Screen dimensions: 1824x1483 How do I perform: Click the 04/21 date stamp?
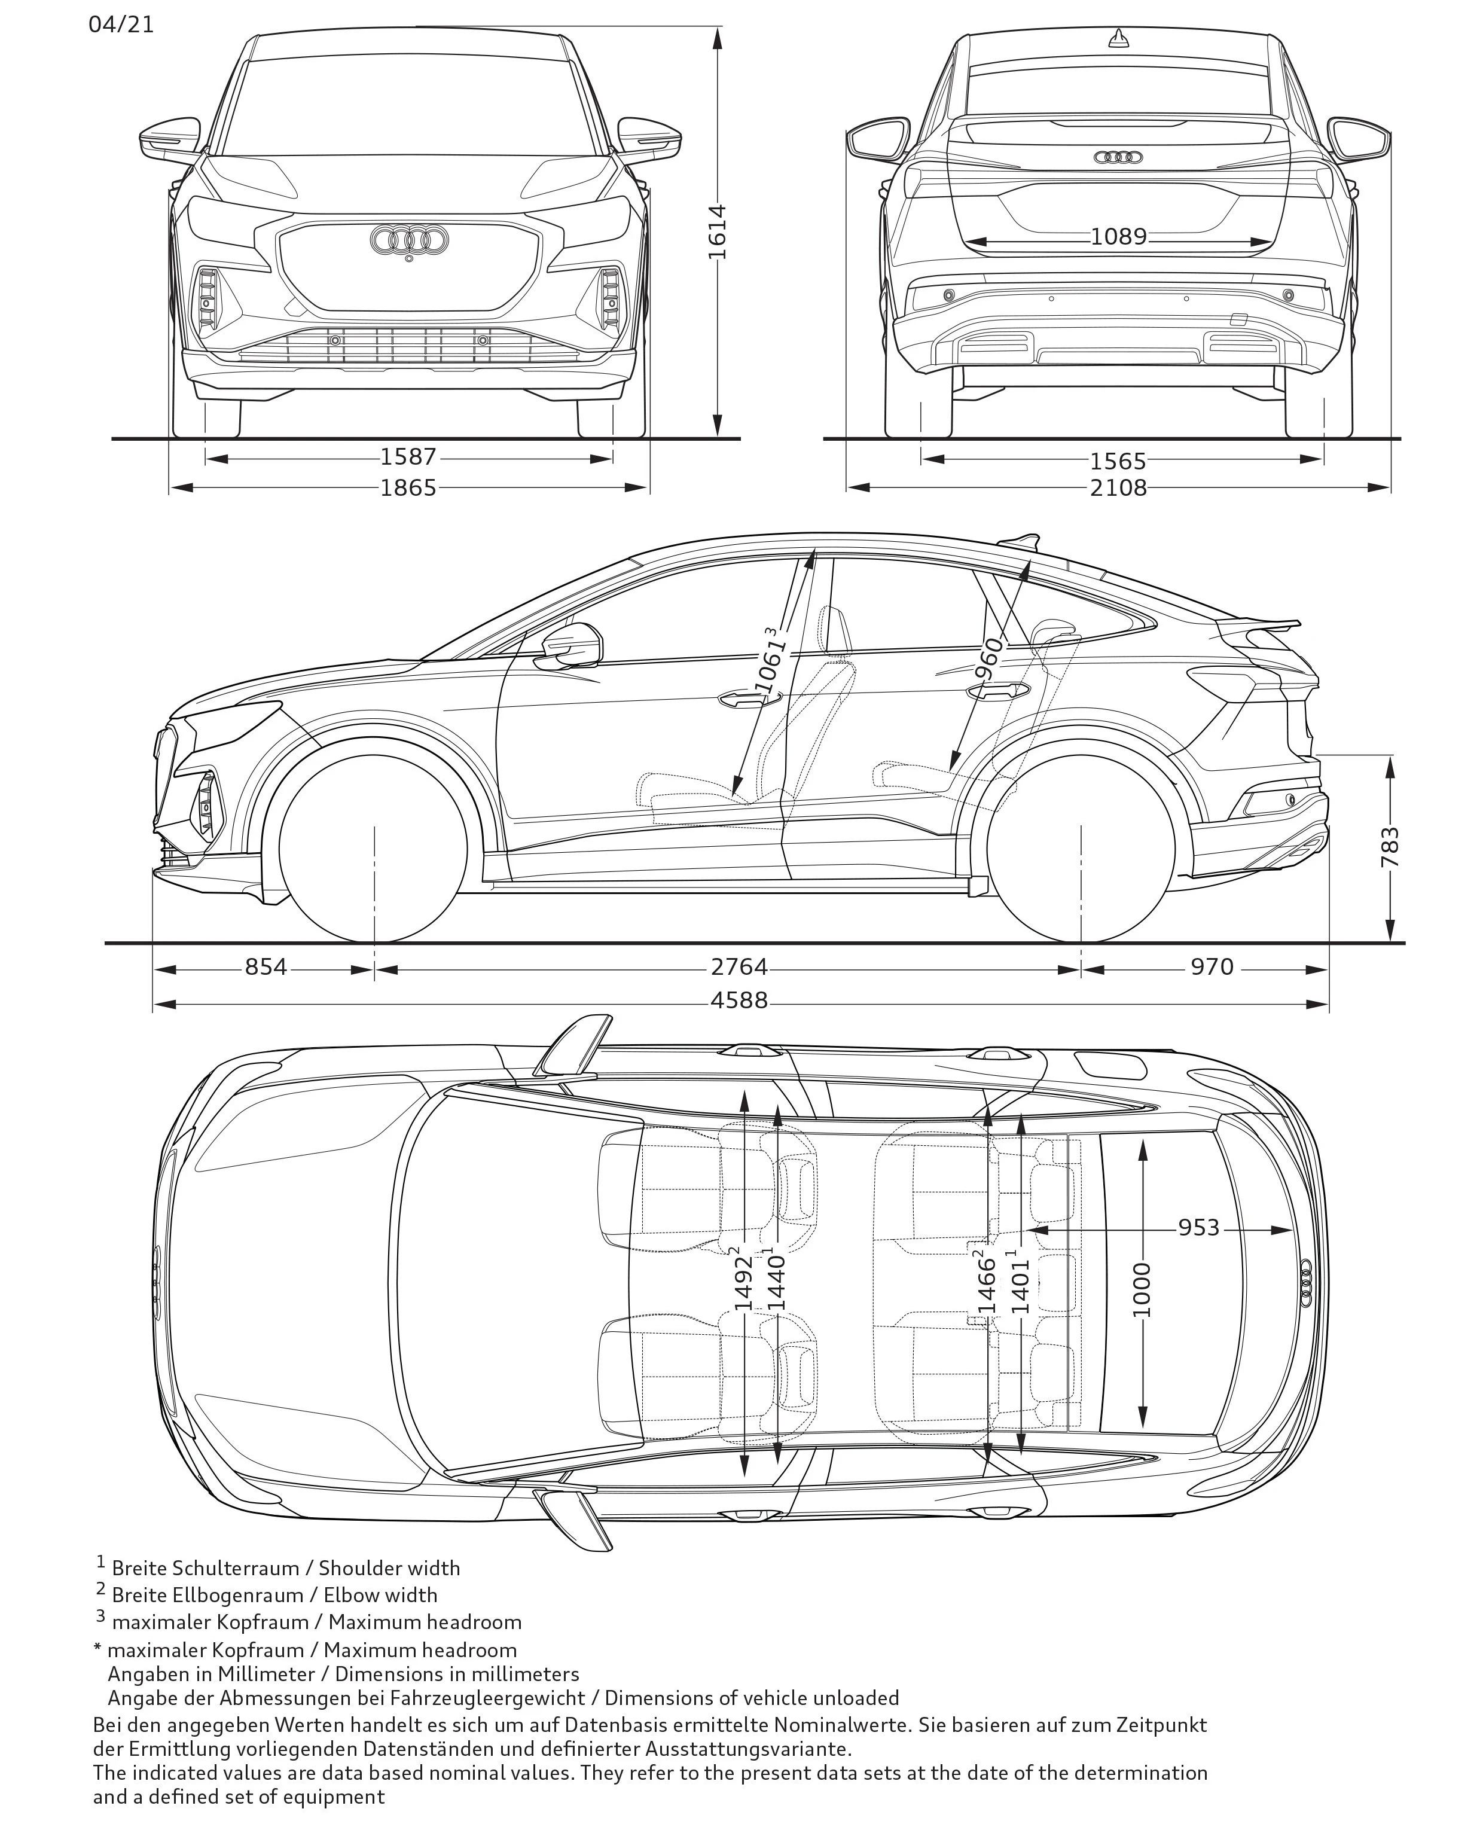click(121, 24)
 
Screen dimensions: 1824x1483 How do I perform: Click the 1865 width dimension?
click(408, 488)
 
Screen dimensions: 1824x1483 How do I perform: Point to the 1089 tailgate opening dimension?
click(1118, 237)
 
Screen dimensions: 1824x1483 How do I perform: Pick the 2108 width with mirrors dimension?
click(1118, 488)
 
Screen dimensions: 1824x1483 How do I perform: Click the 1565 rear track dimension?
click(1118, 461)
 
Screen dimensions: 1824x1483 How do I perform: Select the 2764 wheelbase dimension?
click(739, 967)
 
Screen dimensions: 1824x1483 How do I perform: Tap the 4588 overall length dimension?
click(739, 999)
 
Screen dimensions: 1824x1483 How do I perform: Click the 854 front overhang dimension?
click(266, 967)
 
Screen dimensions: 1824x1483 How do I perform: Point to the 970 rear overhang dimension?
click(1212, 967)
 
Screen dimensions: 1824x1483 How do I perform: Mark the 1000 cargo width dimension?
click(1142, 1290)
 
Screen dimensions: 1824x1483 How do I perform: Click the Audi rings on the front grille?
click(409, 240)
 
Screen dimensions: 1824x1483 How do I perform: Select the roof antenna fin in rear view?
click(1118, 38)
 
